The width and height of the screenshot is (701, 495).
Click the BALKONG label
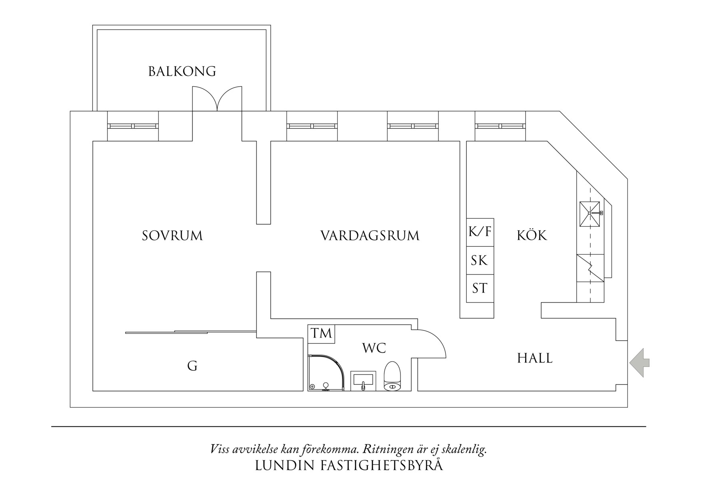coord(182,71)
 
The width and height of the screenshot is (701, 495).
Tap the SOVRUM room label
coord(172,236)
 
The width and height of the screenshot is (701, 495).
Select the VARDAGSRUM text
coord(370,236)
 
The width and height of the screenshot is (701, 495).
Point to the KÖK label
coord(532,236)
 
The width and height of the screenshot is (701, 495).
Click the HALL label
coord(535,358)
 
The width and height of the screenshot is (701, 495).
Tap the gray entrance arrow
coord(639,362)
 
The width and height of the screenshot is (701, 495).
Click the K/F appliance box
coord(480,232)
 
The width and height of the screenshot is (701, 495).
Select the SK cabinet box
coord(480,260)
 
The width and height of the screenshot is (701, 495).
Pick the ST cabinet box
coord(480,288)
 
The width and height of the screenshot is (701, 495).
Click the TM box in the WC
coord(321,334)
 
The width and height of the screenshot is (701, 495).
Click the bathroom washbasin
coord(363,380)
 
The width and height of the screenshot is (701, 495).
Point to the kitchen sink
coord(590,214)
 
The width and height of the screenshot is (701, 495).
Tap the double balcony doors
coord(217,99)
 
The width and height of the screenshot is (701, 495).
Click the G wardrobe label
coord(192,366)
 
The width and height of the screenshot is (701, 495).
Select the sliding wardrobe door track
coord(190,332)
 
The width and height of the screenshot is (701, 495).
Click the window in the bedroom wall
coord(133,126)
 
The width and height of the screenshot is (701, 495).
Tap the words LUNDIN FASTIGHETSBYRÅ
coord(349,465)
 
